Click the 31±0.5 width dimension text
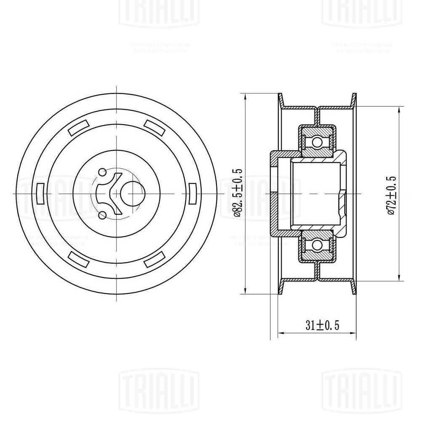[x=322, y=325]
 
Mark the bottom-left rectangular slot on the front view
[x=78, y=258]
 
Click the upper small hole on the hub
[x=102, y=172]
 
